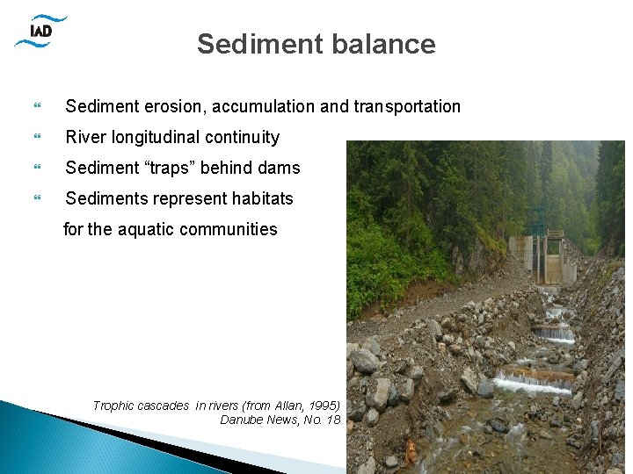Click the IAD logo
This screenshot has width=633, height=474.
coord(40,32)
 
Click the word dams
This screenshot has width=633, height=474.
coord(277,168)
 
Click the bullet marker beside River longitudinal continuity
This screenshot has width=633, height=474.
coord(37,138)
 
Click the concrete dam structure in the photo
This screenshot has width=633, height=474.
coord(542,256)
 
